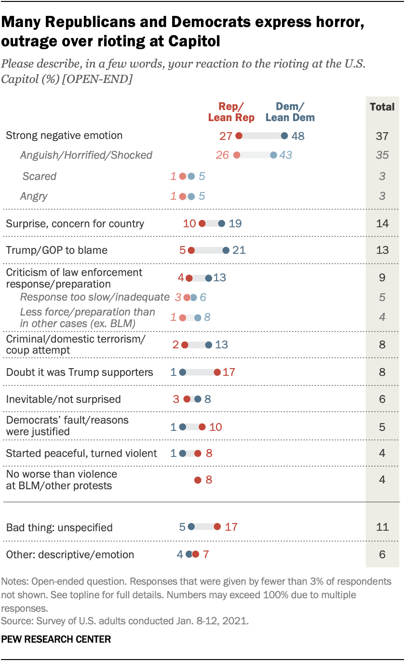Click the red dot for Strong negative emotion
click(x=239, y=136)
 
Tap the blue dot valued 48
click(x=284, y=136)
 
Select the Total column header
click(x=382, y=107)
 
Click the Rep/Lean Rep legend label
click(x=231, y=112)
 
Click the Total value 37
click(x=382, y=136)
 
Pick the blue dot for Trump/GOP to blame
click(x=226, y=250)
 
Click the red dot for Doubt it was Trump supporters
click(x=217, y=372)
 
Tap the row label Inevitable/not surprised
click(x=63, y=399)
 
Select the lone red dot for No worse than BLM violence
click(x=197, y=480)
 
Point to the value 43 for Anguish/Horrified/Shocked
click(x=286, y=155)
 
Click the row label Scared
click(x=39, y=176)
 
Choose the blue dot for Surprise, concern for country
click(x=221, y=223)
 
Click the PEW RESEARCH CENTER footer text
click(x=56, y=639)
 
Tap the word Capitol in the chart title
click(x=196, y=41)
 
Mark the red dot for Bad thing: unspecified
click(x=217, y=527)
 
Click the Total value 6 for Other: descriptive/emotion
click(x=382, y=555)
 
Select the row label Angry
click(x=34, y=196)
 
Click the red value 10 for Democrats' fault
click(x=216, y=427)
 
